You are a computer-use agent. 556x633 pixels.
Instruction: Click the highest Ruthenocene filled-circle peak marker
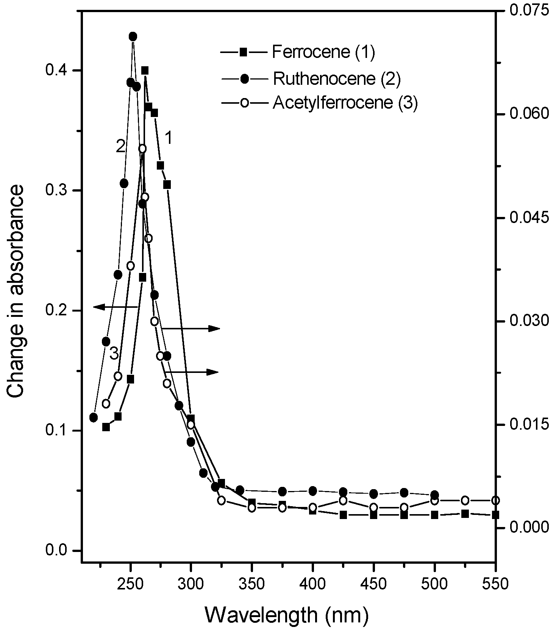133,36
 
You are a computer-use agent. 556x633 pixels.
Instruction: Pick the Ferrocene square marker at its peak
145,70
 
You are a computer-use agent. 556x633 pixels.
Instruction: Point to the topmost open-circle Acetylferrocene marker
142,148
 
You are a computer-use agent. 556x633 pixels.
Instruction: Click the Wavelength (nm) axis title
287,615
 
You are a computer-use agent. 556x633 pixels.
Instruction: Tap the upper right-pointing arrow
191,328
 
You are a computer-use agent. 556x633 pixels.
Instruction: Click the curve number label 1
169,138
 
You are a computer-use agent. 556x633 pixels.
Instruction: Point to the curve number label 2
120,147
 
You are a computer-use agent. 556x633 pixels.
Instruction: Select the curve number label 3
114,354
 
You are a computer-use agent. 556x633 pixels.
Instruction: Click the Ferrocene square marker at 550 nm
495,515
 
